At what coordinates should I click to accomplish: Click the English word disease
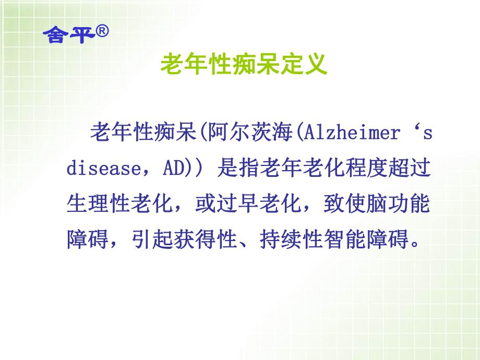[102, 170]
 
